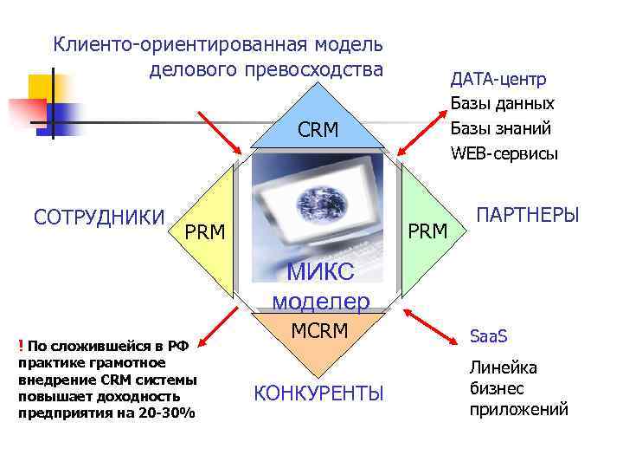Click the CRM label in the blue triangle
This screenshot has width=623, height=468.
point(318,131)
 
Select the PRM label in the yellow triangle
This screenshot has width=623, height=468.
point(206,232)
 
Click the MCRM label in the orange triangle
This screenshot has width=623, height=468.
point(318,331)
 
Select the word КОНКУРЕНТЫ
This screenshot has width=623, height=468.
point(318,393)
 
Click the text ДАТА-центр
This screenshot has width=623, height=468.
point(498,80)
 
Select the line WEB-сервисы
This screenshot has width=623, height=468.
point(504,153)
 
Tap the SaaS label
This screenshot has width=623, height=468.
point(488,335)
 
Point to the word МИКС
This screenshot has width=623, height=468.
point(320,272)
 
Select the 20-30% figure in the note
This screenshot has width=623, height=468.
point(167,412)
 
